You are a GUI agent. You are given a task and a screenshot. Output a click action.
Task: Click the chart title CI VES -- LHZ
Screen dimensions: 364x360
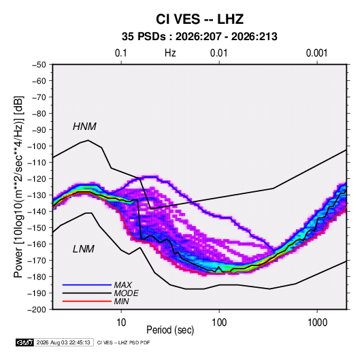coord(199,19)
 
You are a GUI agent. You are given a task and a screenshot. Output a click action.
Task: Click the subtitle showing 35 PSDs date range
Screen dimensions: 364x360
coord(199,37)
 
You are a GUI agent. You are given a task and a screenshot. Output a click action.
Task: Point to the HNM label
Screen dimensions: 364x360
coord(84,127)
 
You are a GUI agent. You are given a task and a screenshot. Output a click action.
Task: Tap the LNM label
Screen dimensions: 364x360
coord(84,249)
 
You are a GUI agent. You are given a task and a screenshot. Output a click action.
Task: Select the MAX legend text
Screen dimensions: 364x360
coord(122,285)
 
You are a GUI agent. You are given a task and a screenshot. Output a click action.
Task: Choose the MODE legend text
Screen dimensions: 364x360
coord(127,293)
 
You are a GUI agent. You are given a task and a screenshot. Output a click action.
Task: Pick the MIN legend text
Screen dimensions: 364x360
coord(121,301)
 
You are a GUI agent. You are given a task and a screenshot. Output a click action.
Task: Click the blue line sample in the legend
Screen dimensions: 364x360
coord(87,285)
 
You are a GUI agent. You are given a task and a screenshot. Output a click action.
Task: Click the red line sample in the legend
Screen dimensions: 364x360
coord(87,301)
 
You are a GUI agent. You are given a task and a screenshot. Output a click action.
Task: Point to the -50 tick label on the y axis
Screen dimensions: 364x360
coord(39,65)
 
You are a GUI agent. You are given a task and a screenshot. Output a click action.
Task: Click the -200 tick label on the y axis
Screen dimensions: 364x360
coord(37,310)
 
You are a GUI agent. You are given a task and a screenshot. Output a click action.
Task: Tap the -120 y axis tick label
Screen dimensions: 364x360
coord(37,179)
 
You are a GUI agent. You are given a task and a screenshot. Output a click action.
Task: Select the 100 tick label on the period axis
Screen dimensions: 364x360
coord(219,323)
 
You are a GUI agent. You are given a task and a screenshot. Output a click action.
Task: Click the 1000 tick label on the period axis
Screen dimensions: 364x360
coord(317,323)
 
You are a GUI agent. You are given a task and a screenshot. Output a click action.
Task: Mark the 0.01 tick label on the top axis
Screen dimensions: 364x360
coord(218,53)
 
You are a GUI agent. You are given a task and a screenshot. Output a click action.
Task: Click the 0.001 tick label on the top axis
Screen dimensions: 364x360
coord(316,53)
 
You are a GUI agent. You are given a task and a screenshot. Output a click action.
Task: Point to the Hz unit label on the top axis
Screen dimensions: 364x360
coord(170,53)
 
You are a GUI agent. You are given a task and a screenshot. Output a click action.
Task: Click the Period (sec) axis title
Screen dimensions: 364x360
coord(170,330)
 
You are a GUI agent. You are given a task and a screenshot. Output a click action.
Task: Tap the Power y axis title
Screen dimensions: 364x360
coord(18,187)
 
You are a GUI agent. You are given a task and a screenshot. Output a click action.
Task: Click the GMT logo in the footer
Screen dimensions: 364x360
coord(25,342)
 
